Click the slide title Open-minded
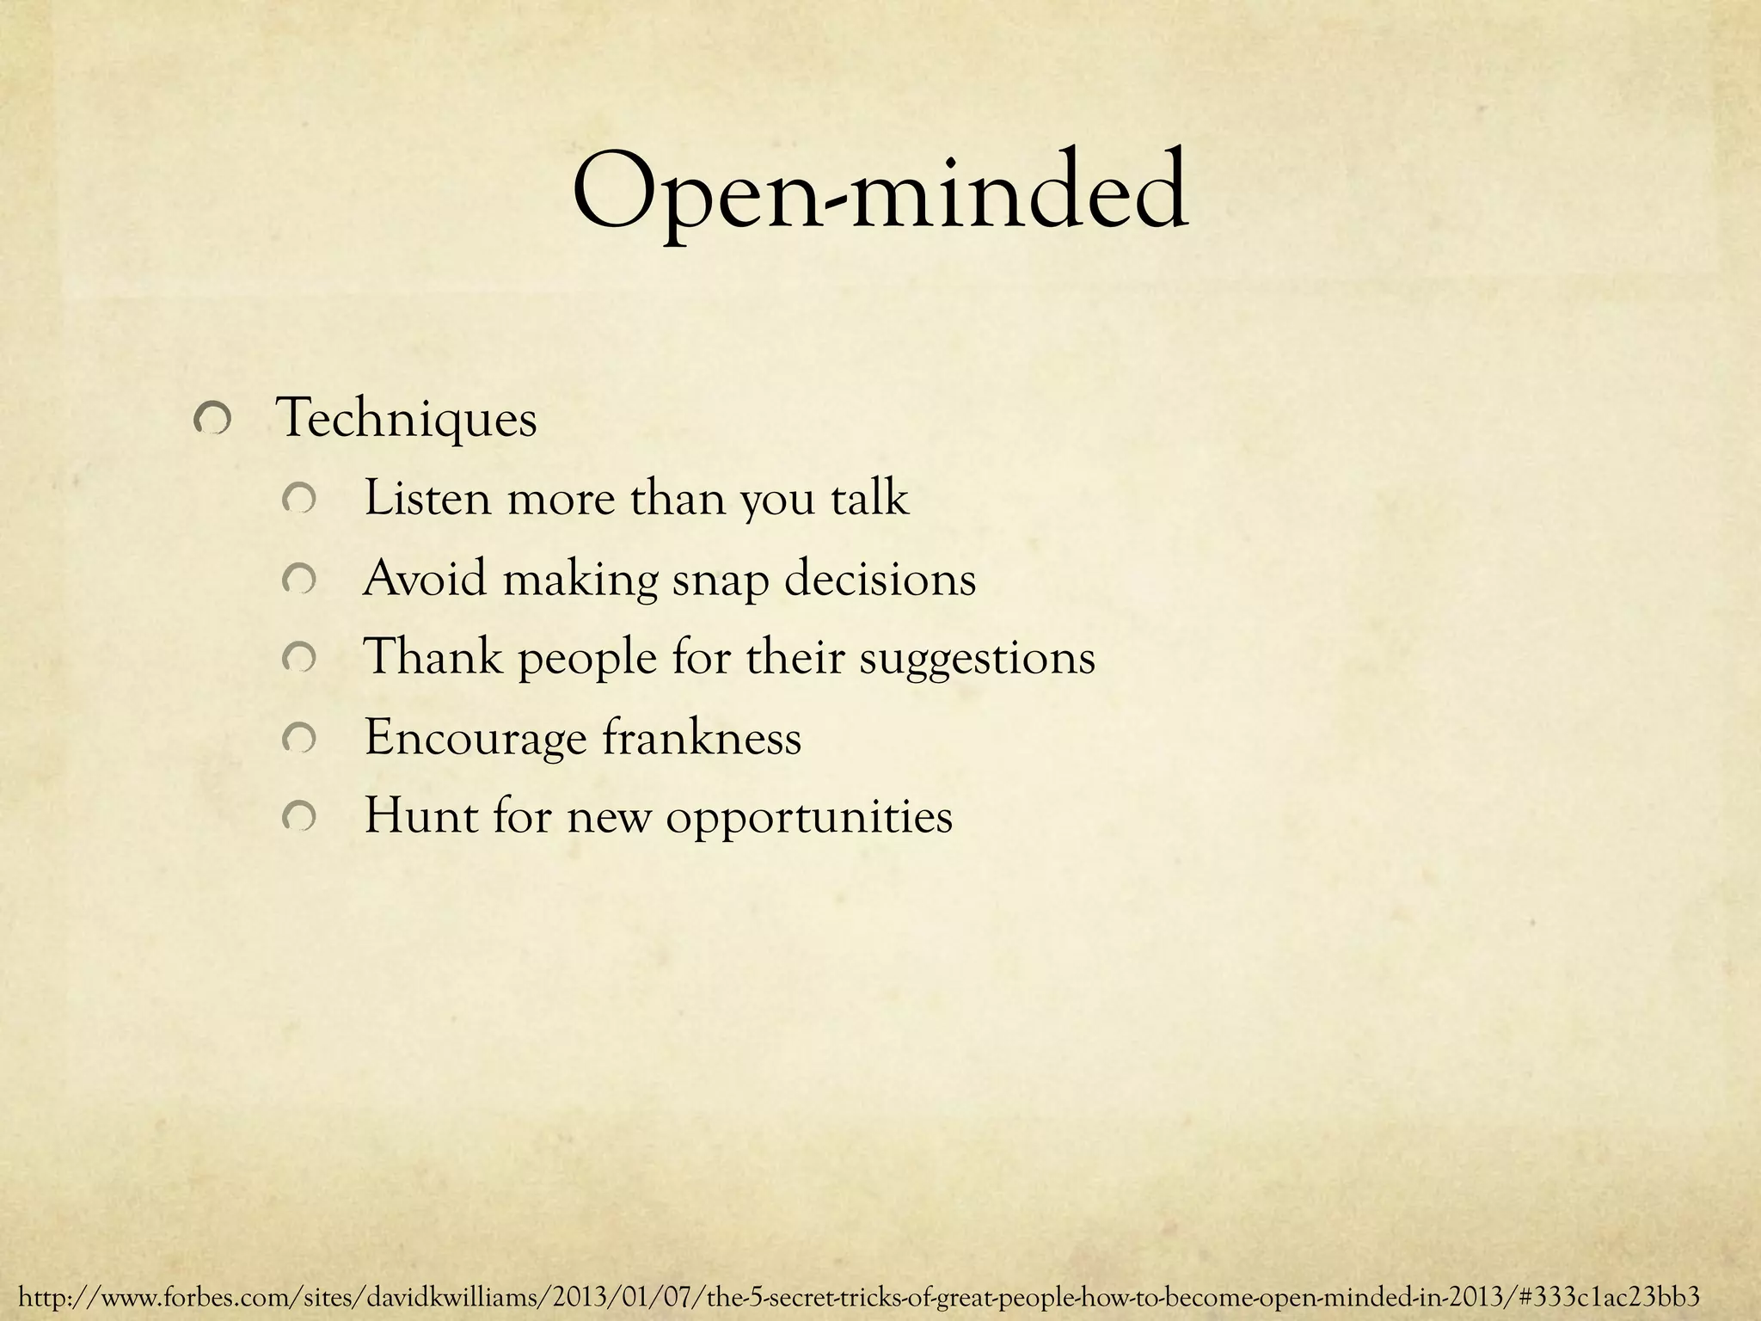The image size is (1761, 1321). [x=880, y=194]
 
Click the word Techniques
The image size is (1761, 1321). [x=406, y=420]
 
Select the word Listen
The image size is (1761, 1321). [x=426, y=498]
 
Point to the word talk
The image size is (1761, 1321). [x=869, y=498]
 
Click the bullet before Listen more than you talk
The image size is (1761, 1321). [x=302, y=500]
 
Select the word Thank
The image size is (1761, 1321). [x=433, y=658]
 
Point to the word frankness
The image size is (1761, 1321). [x=701, y=737]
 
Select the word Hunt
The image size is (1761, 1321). [x=420, y=816]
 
